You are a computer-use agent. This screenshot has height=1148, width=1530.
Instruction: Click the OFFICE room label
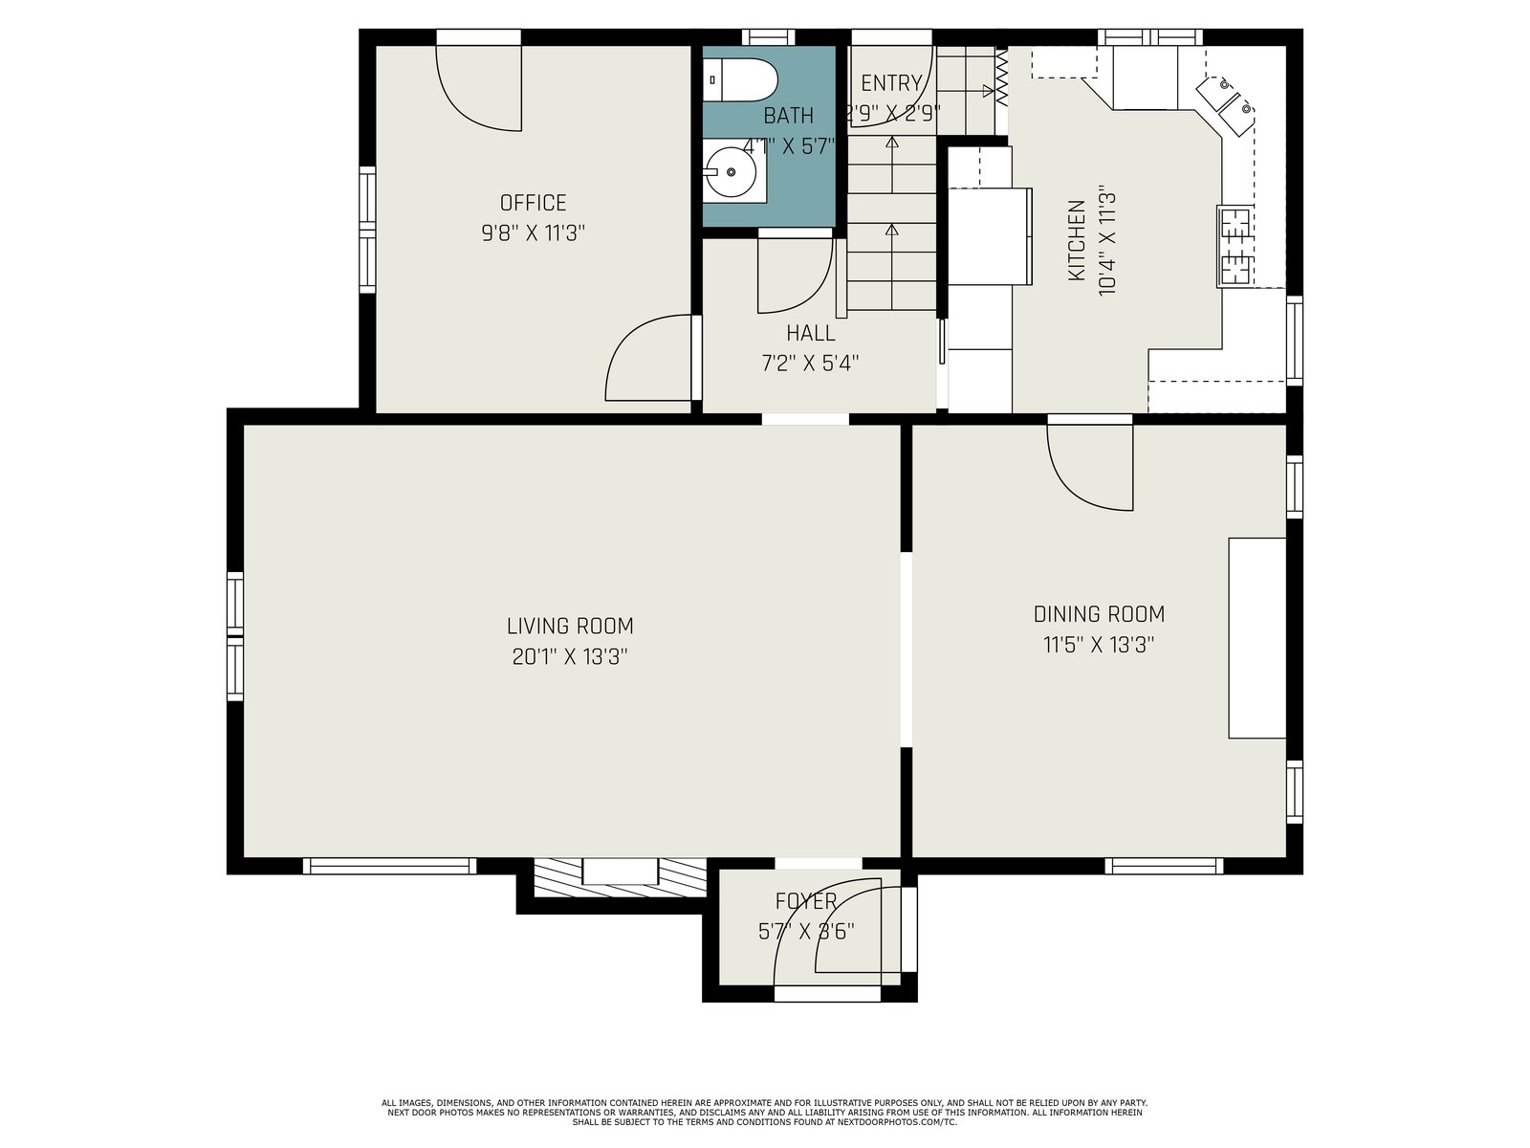click(533, 203)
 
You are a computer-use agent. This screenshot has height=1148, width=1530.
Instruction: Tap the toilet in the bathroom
click(739, 79)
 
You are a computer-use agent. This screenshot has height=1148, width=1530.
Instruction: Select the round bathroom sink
click(731, 171)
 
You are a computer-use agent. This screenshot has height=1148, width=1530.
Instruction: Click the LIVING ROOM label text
click(570, 626)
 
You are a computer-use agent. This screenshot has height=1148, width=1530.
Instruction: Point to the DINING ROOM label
click(1099, 614)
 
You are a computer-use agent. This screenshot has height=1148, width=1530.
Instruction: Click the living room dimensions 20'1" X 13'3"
click(570, 656)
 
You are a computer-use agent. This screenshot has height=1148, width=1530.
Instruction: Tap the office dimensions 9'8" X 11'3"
click(533, 232)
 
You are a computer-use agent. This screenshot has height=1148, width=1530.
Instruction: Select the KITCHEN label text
click(1077, 240)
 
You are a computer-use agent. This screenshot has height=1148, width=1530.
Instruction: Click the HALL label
click(810, 333)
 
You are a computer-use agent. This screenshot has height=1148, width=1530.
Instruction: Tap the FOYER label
click(806, 901)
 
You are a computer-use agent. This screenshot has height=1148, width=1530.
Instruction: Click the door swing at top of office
click(478, 89)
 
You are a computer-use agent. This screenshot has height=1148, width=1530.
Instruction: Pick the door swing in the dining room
click(1089, 468)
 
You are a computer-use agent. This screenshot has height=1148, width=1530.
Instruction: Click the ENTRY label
click(891, 83)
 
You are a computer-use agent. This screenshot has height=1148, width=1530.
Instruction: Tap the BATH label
click(788, 116)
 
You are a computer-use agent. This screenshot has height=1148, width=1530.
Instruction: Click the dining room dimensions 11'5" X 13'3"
click(1099, 645)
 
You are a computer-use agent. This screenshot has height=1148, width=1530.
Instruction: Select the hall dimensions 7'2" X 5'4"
click(810, 364)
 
